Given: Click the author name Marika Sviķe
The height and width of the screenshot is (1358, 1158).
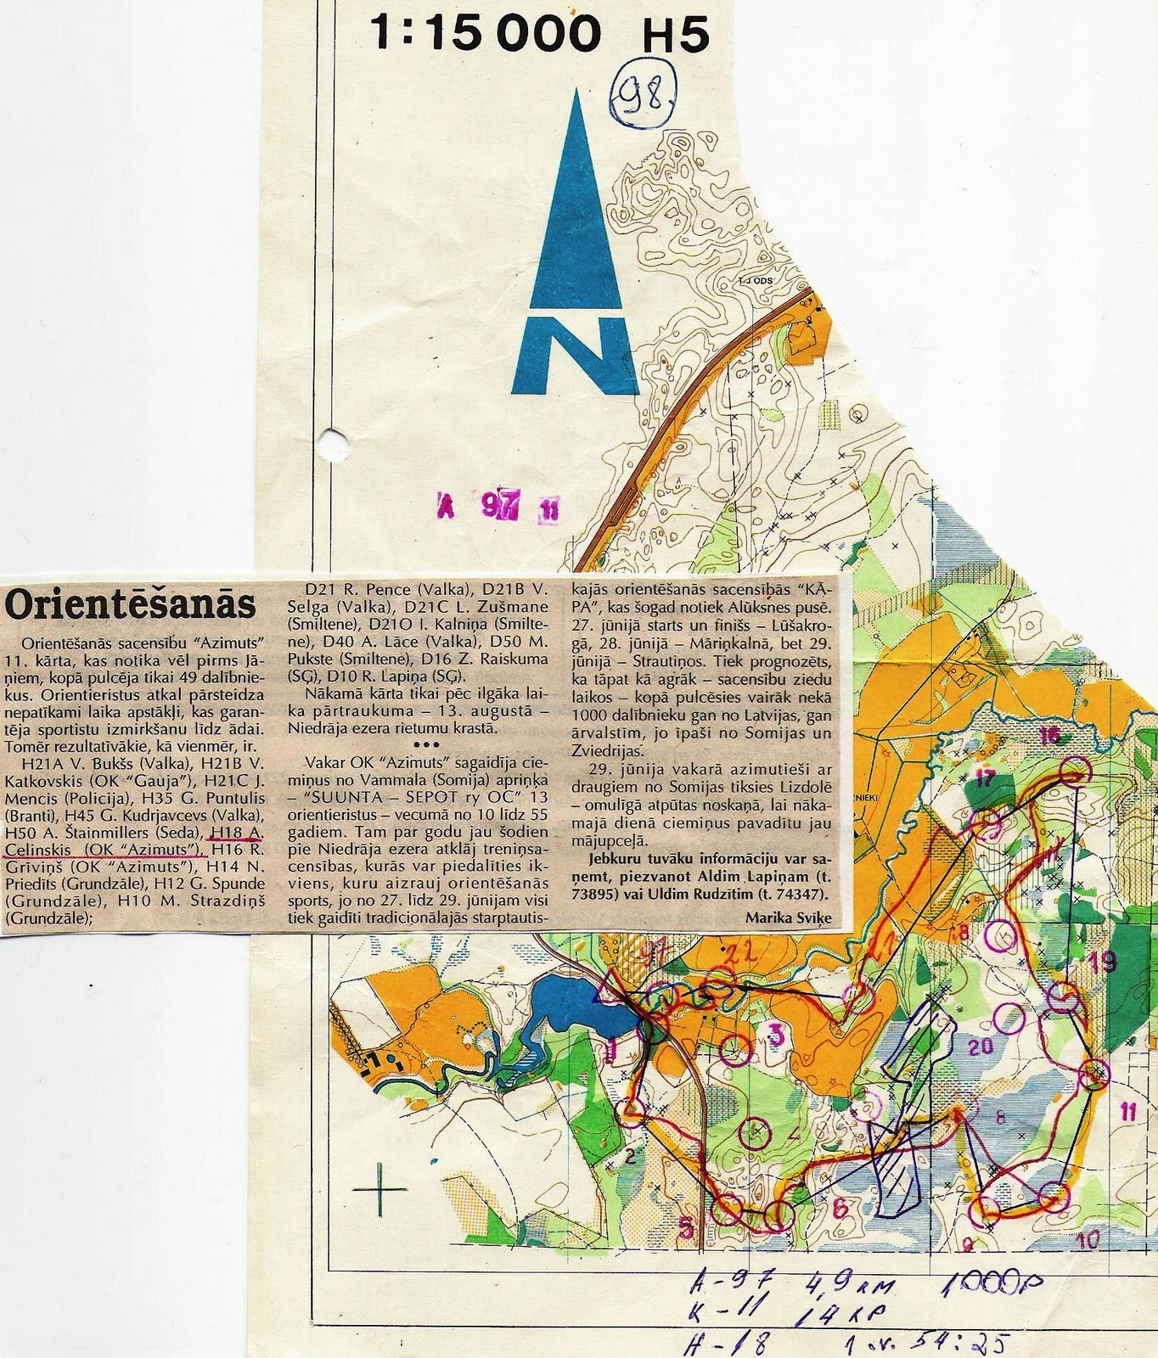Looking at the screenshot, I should [x=784, y=917].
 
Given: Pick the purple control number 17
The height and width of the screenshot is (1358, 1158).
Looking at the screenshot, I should [x=984, y=778].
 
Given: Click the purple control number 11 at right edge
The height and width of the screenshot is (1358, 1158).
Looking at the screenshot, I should [x=1127, y=1108].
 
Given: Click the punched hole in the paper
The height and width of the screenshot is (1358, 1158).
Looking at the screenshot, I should [x=334, y=441].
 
